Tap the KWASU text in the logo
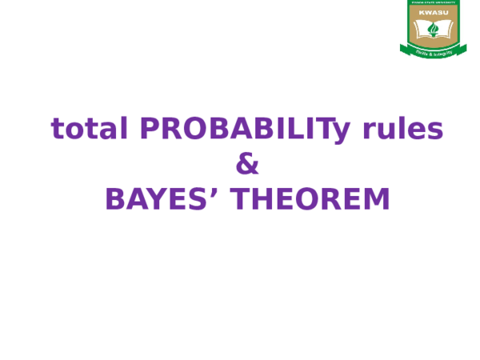tap(432, 12)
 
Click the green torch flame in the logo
tap(433, 30)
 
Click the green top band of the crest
tap(432, 3)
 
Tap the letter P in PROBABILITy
tap(149, 129)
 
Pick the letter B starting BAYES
tap(117, 200)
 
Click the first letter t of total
tap(57, 129)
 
